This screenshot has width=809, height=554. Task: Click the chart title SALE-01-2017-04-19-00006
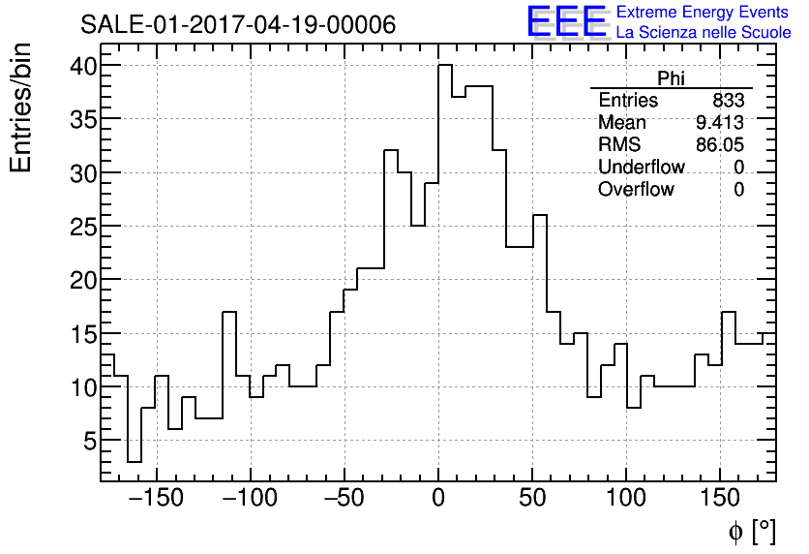coord(237,25)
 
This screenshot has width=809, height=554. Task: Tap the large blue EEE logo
coord(566,21)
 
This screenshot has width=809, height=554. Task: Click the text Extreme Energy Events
coord(704,13)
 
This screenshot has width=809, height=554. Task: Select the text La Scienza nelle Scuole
coord(704,33)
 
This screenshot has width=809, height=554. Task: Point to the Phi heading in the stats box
coord(671,78)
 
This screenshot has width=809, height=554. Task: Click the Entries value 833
coord(728,101)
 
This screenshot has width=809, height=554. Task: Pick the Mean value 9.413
coord(719,123)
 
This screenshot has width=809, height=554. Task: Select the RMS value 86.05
coord(719,145)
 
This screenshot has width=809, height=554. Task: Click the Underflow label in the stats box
coord(641,168)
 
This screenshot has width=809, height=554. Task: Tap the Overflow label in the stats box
coord(636,190)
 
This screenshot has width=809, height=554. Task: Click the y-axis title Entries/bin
coord(21,108)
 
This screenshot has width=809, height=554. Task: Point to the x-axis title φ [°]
coord(751,531)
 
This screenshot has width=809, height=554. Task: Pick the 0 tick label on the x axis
coord(438,500)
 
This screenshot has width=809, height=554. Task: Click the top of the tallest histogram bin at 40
coord(445,66)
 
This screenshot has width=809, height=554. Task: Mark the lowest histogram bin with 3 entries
coord(135,461)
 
